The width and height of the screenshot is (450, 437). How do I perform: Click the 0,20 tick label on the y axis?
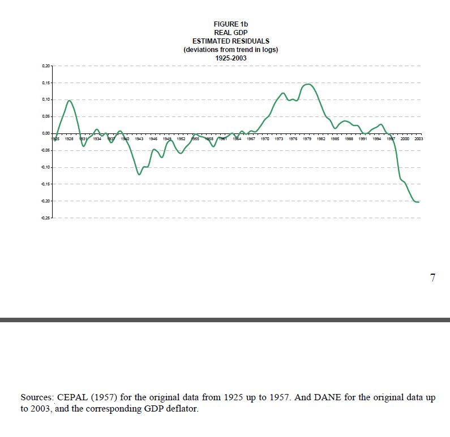click(x=46, y=66)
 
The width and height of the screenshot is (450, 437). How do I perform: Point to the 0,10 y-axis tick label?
click(x=46, y=99)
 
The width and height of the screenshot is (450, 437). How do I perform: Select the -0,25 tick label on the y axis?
click(x=45, y=218)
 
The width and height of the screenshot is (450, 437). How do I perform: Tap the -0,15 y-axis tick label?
click(x=45, y=184)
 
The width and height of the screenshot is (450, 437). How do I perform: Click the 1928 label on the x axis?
click(x=69, y=138)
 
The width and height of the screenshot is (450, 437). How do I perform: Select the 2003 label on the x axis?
click(x=419, y=138)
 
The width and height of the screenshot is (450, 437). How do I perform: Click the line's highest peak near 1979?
click(x=307, y=84)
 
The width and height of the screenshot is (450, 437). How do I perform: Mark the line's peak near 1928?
click(x=69, y=101)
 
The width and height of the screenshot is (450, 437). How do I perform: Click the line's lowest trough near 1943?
click(x=139, y=174)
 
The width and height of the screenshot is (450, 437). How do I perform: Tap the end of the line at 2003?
click(x=419, y=202)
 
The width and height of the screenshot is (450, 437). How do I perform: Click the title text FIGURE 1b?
click(x=231, y=24)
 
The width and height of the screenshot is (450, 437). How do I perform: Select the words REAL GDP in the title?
click(x=231, y=33)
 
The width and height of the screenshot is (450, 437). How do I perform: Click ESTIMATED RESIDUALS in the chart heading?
click(x=231, y=41)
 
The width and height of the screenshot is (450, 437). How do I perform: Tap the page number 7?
click(x=432, y=278)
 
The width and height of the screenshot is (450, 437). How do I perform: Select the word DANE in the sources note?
click(x=325, y=397)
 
